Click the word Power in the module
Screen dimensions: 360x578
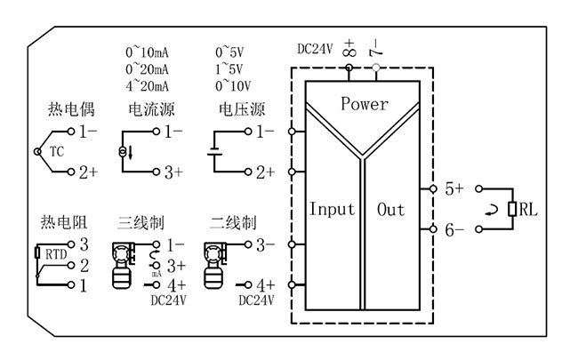pyautogui.click(x=365, y=104)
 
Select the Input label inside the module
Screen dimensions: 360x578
pyautogui.click(x=332, y=210)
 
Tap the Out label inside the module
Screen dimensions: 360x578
pyautogui.click(x=391, y=210)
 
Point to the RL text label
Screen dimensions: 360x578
pyautogui.click(x=528, y=210)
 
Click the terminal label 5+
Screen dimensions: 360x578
pyautogui.click(x=454, y=188)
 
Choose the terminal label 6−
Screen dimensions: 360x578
pyautogui.click(x=454, y=229)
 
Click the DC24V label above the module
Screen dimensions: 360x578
pyautogui.click(x=315, y=48)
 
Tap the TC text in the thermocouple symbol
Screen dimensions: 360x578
pyautogui.click(x=57, y=151)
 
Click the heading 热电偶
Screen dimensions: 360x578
pyautogui.click(x=68, y=110)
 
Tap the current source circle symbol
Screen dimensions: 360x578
pyautogui.click(x=124, y=152)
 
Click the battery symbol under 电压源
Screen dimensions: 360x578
pyautogui.click(x=213, y=152)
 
